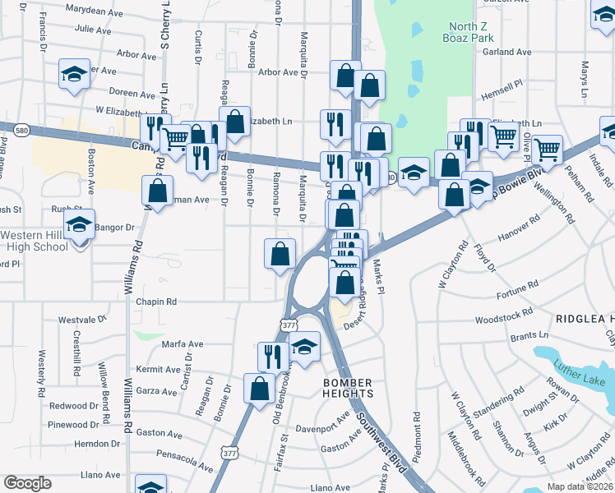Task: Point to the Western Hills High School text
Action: tap(34, 241)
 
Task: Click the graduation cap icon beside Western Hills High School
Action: tap(80, 223)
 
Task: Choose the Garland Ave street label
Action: tap(507, 52)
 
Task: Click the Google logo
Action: tap(27, 483)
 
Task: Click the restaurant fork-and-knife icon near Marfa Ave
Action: tap(271, 356)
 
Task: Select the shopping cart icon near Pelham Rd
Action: tap(547, 150)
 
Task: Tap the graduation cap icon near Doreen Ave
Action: tap(74, 74)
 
